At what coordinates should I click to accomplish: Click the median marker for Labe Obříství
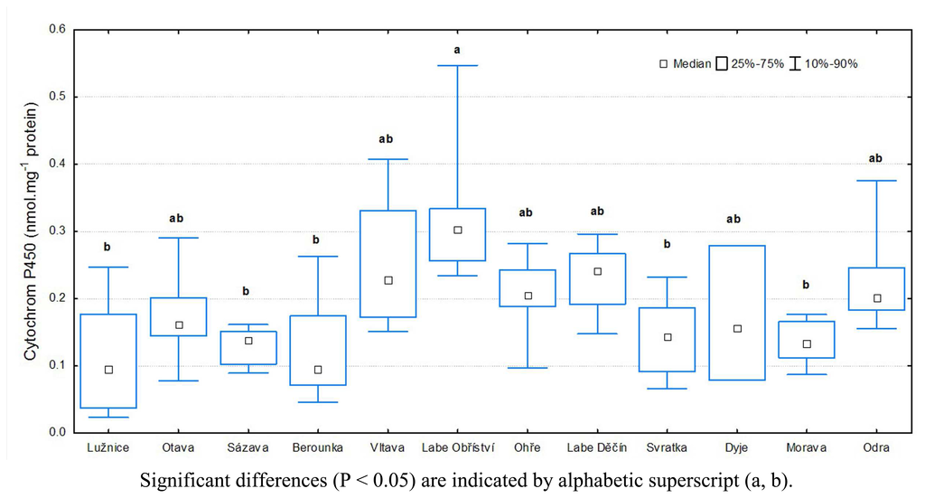(457, 230)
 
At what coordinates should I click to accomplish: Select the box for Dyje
(736, 313)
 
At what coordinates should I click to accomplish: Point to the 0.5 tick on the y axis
(58, 97)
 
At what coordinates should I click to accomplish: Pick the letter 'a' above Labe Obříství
(457, 50)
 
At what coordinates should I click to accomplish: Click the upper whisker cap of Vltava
(388, 159)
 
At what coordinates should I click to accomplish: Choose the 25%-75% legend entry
(750, 64)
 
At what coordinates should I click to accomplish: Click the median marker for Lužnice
(108, 369)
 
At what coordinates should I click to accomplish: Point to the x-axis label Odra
(875, 447)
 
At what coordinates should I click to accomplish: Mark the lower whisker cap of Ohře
(528, 368)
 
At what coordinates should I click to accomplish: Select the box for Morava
(806, 340)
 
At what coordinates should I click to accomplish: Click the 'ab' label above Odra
(875, 158)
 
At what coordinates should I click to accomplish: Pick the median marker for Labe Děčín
(597, 271)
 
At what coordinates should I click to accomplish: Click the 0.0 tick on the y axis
(58, 432)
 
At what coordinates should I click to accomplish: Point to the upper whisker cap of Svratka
(667, 277)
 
